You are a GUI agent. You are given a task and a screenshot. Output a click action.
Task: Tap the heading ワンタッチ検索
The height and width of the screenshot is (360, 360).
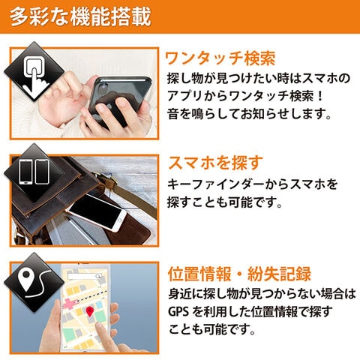pos(220,58)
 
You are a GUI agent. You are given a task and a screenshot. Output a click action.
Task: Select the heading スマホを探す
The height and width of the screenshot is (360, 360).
pos(214,162)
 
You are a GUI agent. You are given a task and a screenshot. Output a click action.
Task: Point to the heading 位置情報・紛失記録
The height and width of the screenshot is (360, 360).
pos(239,274)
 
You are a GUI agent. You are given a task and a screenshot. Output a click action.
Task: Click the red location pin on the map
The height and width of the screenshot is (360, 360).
pos(90,310)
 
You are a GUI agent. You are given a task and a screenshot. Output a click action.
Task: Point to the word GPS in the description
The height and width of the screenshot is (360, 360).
pos(179,311)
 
